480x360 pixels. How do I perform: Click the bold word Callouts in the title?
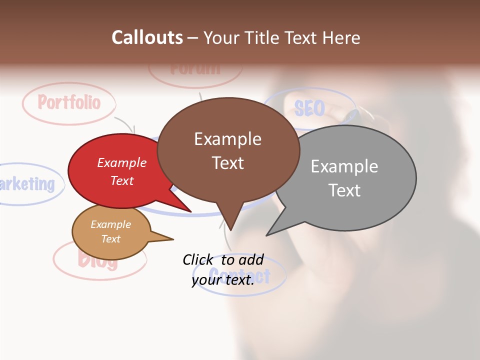(147, 37)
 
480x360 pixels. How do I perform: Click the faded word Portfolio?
(69, 102)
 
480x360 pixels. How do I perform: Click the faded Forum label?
(195, 68)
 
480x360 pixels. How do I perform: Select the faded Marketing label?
(27, 183)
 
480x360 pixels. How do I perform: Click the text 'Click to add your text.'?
(223, 269)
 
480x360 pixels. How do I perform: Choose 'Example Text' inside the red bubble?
(122, 171)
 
